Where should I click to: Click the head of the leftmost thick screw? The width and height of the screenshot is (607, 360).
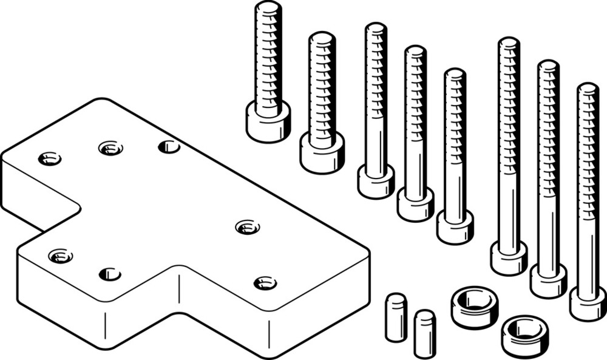pyautogui.click(x=268, y=122)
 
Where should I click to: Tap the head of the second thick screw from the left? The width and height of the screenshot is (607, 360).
pyautogui.click(x=322, y=152)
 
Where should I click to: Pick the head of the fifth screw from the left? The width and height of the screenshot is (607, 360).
pyautogui.click(x=455, y=227)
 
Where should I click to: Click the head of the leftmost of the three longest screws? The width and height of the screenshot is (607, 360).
pyautogui.click(x=509, y=258)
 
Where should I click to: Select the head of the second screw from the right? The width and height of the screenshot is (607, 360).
pyautogui.click(x=548, y=280)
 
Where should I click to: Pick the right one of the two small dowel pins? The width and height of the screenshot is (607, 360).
pyautogui.click(x=424, y=333)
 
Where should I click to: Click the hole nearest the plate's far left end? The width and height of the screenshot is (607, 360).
pyautogui.click(x=49, y=159)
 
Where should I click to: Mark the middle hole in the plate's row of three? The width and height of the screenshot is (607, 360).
pyautogui.click(x=110, y=148)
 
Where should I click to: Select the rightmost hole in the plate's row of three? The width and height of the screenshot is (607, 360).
pyautogui.click(x=169, y=146)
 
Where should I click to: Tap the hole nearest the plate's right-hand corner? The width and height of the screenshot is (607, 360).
pyautogui.click(x=265, y=282)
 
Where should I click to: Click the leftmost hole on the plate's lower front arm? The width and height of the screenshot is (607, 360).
pyautogui.click(x=61, y=256)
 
